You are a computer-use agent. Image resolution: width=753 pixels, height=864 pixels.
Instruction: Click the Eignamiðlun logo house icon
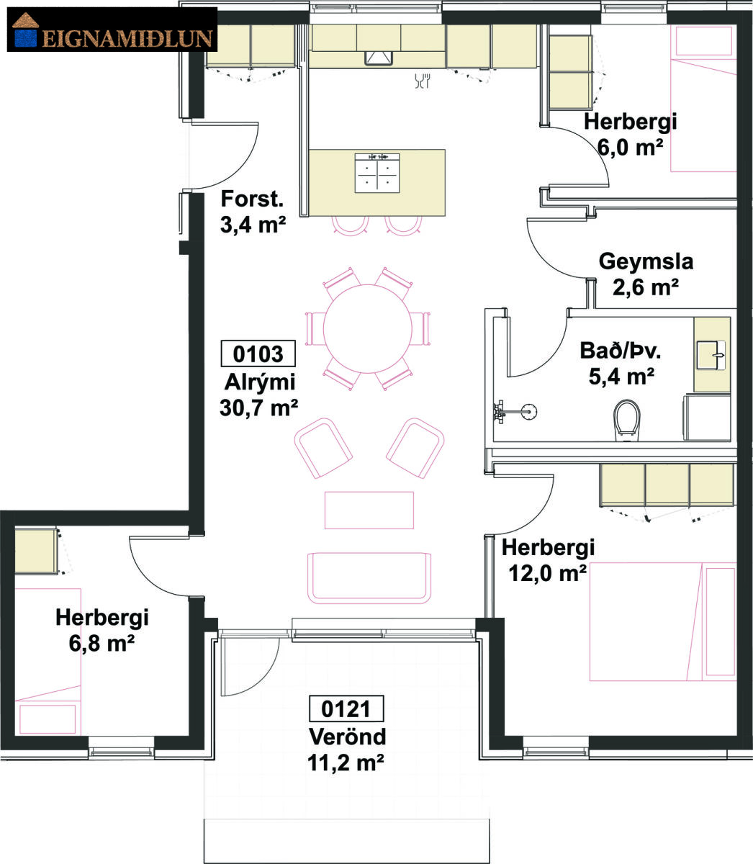(26, 30)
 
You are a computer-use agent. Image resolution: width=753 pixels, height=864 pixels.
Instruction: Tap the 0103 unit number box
(258, 354)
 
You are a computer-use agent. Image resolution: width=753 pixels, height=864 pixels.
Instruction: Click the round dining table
(368, 328)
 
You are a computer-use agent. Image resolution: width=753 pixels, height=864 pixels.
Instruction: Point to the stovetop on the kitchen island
(377, 173)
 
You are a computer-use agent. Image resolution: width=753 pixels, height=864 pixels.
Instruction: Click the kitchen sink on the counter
(379, 58)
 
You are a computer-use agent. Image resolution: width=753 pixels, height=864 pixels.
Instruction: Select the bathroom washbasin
(711, 355)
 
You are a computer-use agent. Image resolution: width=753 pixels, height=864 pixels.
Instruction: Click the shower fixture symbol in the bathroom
(515, 410)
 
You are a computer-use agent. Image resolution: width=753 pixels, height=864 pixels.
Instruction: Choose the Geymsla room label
(646, 261)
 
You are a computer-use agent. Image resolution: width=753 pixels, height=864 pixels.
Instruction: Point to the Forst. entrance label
(252, 199)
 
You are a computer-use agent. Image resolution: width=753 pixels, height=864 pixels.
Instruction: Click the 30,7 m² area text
(258, 408)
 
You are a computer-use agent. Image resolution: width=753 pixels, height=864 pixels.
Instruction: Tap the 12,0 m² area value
(547, 573)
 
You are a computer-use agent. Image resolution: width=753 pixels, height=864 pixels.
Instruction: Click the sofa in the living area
(369, 577)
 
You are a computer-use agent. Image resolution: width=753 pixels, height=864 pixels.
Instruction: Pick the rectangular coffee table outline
(369, 510)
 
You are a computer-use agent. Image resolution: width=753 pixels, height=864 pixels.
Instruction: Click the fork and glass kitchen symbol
(422, 81)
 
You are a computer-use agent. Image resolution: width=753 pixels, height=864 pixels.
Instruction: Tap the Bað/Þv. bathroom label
(621, 351)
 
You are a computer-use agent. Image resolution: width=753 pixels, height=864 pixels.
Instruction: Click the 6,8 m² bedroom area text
(102, 643)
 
